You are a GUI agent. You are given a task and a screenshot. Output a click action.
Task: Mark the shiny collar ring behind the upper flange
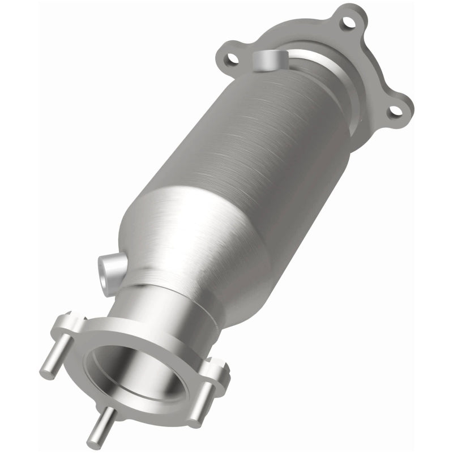[340, 96]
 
